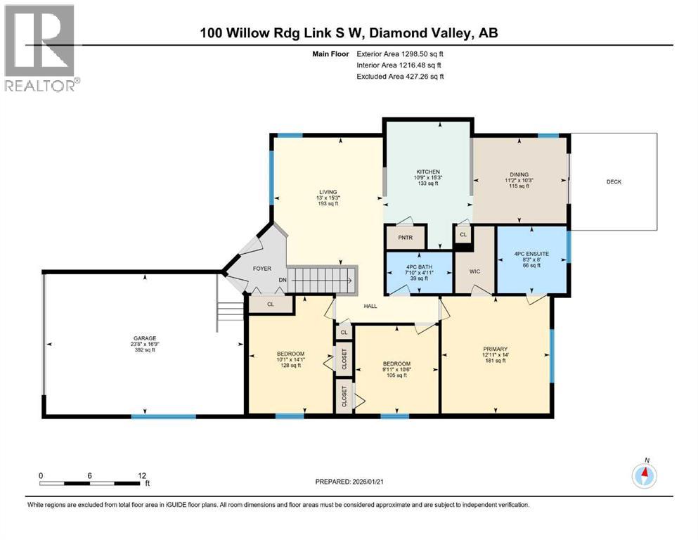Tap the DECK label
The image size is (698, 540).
(x=614, y=181)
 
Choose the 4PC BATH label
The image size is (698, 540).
(x=418, y=266)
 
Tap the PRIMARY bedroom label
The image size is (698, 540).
(x=495, y=349)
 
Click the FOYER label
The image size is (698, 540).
(x=261, y=268)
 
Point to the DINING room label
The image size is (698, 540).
(x=519, y=174)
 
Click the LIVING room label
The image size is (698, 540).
(x=328, y=192)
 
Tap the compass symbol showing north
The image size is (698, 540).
(x=645, y=475)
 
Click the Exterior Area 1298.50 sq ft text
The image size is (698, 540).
(x=401, y=53)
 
